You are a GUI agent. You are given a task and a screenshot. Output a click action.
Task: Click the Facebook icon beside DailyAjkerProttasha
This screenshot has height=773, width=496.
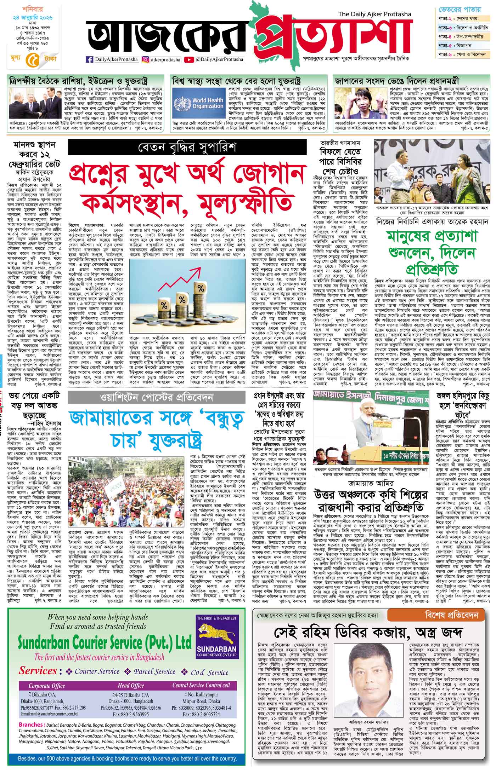pyautogui.click(x=89, y=60)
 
